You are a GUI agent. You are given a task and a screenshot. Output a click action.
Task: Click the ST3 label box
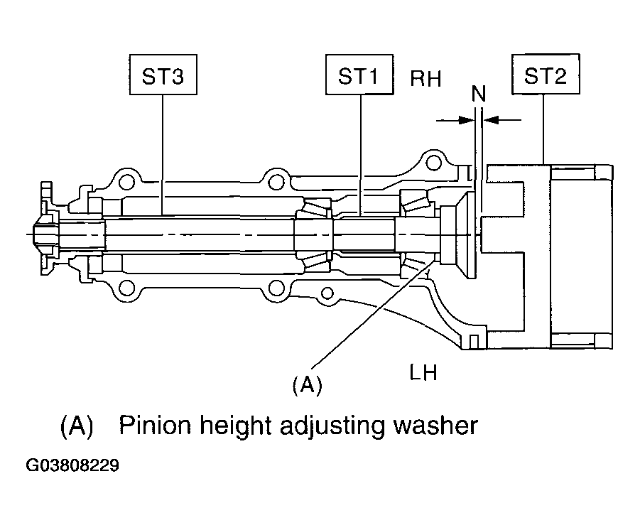click(163, 75)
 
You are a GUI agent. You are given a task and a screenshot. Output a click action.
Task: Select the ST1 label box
click(359, 75)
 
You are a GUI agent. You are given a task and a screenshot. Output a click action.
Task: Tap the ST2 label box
click(546, 75)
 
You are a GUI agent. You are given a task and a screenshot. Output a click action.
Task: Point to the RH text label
click(425, 78)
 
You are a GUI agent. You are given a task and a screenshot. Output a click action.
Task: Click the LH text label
click(423, 372)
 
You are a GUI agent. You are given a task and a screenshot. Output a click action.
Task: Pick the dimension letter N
click(479, 94)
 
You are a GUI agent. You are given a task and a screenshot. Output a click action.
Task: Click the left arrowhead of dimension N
click(467, 121)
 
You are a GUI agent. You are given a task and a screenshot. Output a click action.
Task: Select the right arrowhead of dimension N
click(491, 121)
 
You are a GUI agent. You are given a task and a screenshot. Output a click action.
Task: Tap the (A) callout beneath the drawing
click(308, 384)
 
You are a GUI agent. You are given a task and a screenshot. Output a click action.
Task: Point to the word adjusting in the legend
click(332, 427)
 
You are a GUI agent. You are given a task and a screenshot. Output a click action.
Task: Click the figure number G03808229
click(72, 466)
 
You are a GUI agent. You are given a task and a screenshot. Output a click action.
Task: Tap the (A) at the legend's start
click(77, 426)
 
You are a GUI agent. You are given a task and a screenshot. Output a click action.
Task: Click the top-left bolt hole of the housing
click(126, 181)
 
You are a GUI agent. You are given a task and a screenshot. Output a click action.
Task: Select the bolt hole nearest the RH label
click(433, 163)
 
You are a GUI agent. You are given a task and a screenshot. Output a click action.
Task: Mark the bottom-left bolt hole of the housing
click(126, 288)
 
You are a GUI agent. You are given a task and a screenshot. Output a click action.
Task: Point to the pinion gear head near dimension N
click(459, 235)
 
